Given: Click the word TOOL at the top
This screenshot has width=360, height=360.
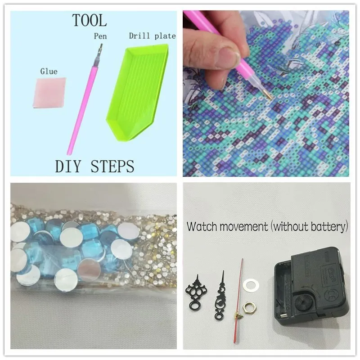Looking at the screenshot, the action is (x=90, y=20).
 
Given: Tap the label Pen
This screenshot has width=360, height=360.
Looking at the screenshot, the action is (x=100, y=36).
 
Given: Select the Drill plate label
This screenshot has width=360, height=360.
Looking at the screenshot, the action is (x=153, y=36).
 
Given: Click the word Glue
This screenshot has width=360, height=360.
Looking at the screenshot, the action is (x=49, y=72).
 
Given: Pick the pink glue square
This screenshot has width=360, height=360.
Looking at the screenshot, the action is (x=49, y=93).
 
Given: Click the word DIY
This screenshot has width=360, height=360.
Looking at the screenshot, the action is (x=68, y=166).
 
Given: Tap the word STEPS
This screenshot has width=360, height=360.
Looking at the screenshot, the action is (x=112, y=166).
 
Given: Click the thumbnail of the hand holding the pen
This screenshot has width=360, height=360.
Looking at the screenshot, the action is (x=266, y=93).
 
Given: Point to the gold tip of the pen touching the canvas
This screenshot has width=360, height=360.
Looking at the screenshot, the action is (x=268, y=95).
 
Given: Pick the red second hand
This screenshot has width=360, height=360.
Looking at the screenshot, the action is (x=238, y=301).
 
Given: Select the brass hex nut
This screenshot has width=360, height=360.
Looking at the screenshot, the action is (x=250, y=308).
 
